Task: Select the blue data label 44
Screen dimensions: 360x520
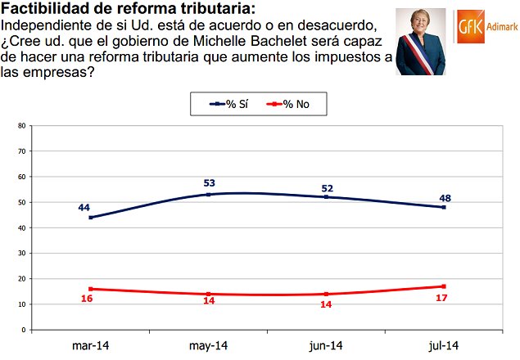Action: click(84, 207)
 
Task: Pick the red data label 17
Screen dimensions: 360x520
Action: click(443, 298)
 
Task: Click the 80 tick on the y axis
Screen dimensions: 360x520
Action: click(22, 126)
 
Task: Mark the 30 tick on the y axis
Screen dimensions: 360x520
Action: click(22, 253)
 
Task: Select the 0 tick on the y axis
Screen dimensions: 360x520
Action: click(25, 330)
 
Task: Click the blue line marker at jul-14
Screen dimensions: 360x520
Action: click(443, 207)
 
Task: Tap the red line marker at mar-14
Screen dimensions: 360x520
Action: click(90, 289)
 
